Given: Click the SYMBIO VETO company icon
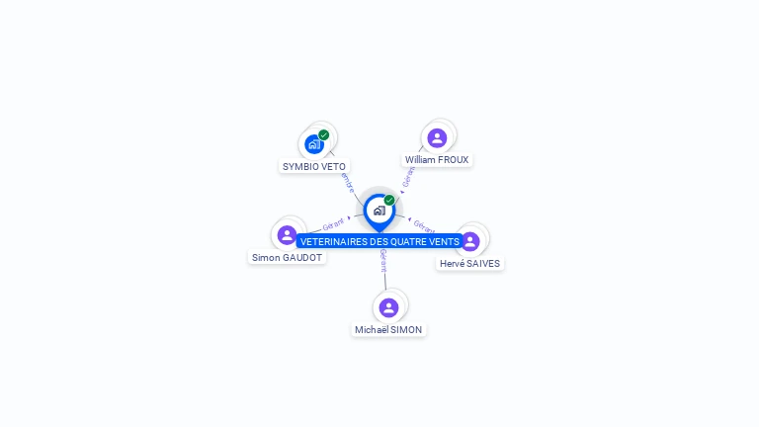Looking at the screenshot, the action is coord(314,143).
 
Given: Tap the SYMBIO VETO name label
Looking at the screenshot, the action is coord(314,166).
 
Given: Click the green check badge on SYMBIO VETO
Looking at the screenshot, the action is coord(324,134).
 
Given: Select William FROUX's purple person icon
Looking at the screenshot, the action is coord(437,137).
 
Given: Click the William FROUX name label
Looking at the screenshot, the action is coord(437,159).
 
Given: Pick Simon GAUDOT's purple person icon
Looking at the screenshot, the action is coord(287,235).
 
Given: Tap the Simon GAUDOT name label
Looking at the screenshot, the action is coord(287,257).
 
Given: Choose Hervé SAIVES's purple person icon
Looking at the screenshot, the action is coord(470,241).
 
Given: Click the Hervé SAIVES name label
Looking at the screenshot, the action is coord(470,264).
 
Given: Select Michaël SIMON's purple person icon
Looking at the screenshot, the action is coord(388,307).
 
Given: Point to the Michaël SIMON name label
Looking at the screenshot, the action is coord(388,329).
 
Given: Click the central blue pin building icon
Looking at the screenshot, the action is coord(379,210).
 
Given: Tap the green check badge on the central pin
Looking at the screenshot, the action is coord(389,200).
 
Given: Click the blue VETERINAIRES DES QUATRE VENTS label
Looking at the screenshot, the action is coord(379,241).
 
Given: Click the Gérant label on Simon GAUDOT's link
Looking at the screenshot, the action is coord(333,224).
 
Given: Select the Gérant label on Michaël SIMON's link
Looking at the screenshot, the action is coord(383,260).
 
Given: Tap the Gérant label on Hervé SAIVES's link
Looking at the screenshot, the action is coord(423,226).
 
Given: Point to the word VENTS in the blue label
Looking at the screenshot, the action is coord(444,241).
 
